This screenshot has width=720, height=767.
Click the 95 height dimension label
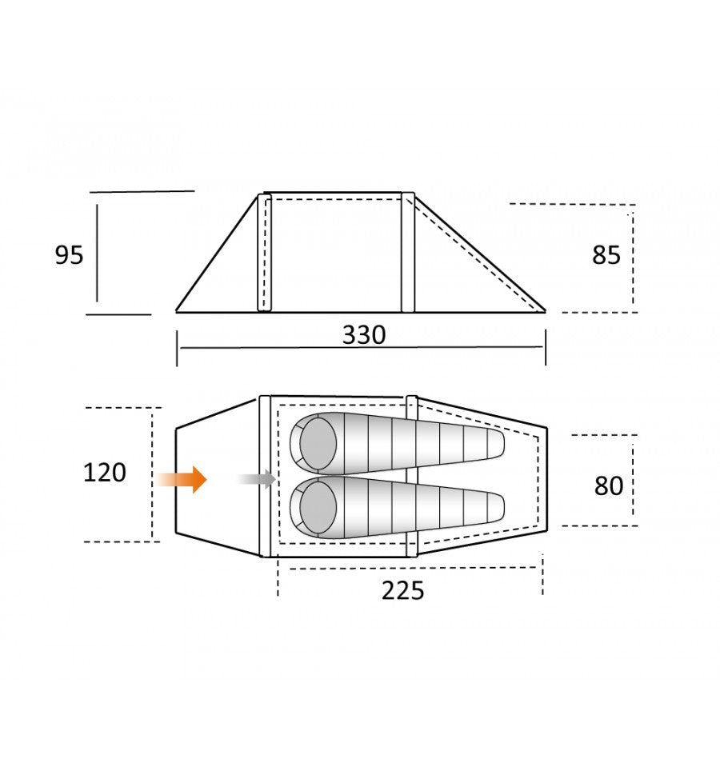[x=69, y=255]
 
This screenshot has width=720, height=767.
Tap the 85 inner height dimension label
[x=606, y=255]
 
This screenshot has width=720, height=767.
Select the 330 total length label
[x=364, y=335]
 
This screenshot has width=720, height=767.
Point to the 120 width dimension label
[x=105, y=473]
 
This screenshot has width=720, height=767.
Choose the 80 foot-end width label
[x=609, y=485]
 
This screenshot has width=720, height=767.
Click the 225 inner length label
[x=403, y=590]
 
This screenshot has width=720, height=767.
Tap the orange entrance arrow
[x=182, y=479]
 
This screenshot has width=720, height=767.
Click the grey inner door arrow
[x=258, y=479]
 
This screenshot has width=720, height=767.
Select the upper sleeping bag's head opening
[x=318, y=443]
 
